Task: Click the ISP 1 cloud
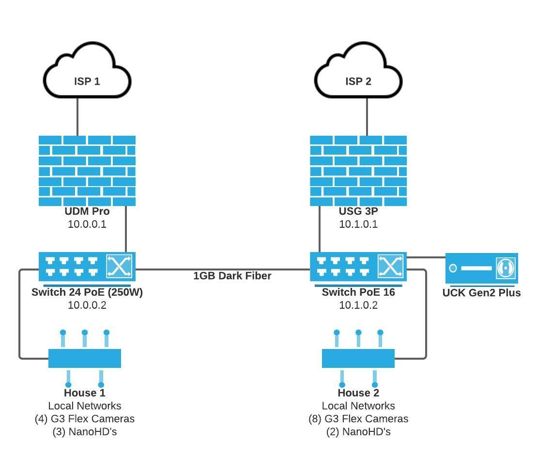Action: [87, 73]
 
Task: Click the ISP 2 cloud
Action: [358, 73]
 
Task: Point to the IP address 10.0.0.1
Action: [87, 224]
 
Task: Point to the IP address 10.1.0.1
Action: [358, 224]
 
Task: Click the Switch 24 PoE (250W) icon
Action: [87, 266]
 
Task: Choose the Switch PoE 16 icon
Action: [358, 266]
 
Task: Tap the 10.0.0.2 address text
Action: [87, 305]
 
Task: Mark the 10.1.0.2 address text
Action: [358, 305]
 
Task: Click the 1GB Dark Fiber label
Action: [232, 276]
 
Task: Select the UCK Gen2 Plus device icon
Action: [481, 268]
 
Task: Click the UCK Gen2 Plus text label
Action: [481, 293]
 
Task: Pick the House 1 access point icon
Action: [85, 358]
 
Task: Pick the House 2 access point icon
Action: [358, 358]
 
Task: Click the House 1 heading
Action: [85, 393]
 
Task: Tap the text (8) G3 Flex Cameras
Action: [358, 419]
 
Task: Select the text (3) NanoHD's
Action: [85, 432]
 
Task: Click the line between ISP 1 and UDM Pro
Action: [77, 116]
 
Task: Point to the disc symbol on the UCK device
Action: [505, 268]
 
